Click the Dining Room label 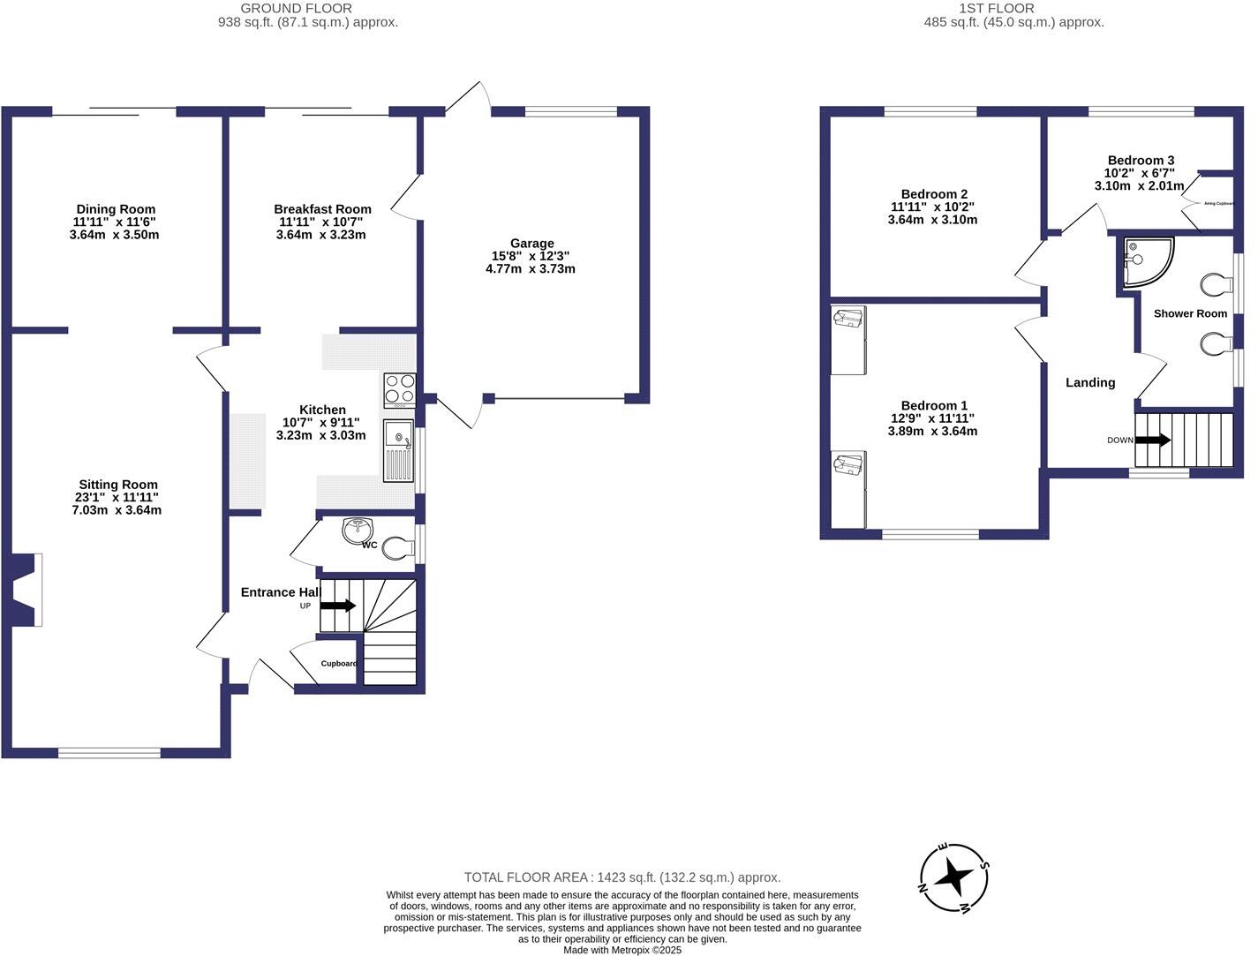click(116, 209)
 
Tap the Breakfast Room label click(322, 209)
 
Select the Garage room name click(531, 244)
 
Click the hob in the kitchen click(399, 389)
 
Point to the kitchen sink click(398, 450)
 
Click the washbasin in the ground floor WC click(359, 531)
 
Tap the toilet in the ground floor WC click(399, 549)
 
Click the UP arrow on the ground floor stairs click(337, 606)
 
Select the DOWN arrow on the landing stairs click(1153, 440)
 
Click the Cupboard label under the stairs click(339, 664)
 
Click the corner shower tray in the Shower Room click(1146, 262)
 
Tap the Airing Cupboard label click(1218, 203)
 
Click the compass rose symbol click(954, 878)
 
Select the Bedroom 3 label click(1141, 161)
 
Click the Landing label click(1090, 382)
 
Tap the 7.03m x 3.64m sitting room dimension click(117, 510)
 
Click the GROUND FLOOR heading click(296, 9)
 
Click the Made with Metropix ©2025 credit click(622, 950)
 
